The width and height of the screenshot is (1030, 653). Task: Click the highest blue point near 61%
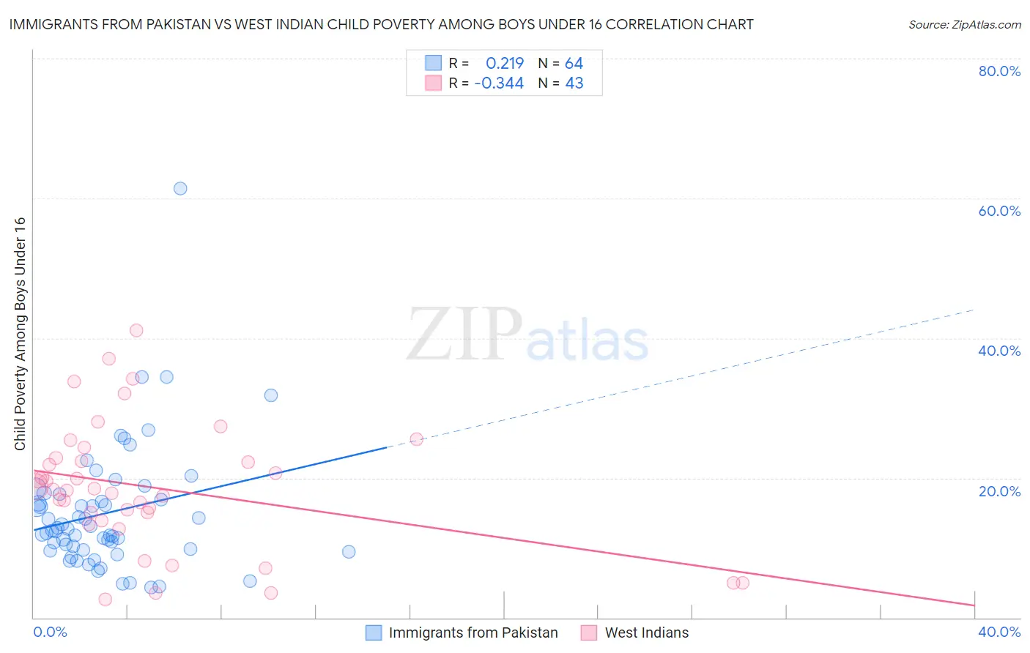[x=180, y=188]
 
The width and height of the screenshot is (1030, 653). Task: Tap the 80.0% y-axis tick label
[x=999, y=71]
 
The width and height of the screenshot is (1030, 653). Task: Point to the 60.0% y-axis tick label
[x=999, y=211]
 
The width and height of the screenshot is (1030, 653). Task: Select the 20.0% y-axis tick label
[x=999, y=491]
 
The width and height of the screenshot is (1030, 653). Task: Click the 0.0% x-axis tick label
[x=50, y=632]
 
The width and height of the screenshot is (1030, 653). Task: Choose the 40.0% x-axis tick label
[x=999, y=632]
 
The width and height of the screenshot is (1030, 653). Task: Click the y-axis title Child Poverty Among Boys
[x=20, y=334]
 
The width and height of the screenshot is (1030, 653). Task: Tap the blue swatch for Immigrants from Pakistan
[x=374, y=633]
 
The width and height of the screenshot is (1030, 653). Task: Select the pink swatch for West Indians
[x=589, y=633]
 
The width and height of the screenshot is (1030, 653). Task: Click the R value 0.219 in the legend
[x=505, y=64]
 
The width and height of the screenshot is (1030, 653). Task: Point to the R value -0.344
[x=499, y=83]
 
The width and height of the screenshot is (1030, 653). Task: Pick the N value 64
[x=574, y=64]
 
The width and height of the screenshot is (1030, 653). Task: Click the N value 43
[x=574, y=83]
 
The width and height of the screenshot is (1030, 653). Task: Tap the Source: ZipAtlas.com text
[x=964, y=25]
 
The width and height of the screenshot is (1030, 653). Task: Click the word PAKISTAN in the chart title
[x=173, y=25]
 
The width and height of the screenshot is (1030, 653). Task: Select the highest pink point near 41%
[x=136, y=330]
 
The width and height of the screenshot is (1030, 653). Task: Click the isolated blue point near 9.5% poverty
[x=349, y=551]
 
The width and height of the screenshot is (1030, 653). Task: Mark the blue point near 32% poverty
[x=271, y=395]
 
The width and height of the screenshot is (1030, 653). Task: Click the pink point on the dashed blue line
[x=416, y=439]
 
